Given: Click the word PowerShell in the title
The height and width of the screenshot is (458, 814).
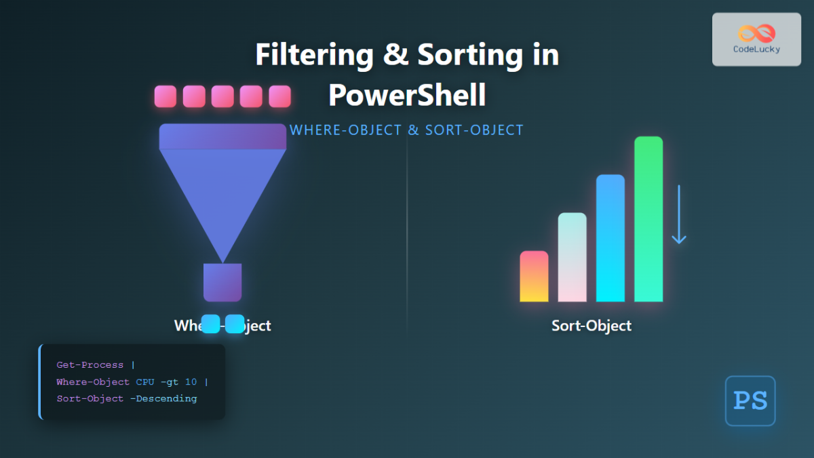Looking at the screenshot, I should pyautogui.click(x=407, y=95).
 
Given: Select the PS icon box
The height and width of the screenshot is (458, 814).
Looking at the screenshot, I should pyautogui.click(x=750, y=401).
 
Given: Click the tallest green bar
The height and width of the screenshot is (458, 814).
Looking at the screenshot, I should pyautogui.click(x=648, y=218).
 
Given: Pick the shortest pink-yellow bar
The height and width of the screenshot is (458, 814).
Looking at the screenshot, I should pyautogui.click(x=534, y=276).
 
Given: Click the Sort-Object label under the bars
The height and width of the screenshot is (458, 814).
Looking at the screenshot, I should pyautogui.click(x=592, y=326).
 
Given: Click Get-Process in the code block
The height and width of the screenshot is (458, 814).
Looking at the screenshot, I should pyautogui.click(x=91, y=365).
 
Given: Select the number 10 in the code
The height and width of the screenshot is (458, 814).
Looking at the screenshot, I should pyautogui.click(x=191, y=382).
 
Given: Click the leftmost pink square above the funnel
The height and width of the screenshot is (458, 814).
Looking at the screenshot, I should pyautogui.click(x=166, y=96).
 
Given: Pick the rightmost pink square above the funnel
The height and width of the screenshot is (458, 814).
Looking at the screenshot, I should pyautogui.click(x=279, y=96).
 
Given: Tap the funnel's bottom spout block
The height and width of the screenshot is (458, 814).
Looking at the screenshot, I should pyautogui.click(x=222, y=282).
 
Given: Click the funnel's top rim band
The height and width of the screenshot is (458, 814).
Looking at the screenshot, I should pyautogui.click(x=222, y=136).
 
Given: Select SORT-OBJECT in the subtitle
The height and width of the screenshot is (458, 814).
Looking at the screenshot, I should pyautogui.click(x=474, y=130).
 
